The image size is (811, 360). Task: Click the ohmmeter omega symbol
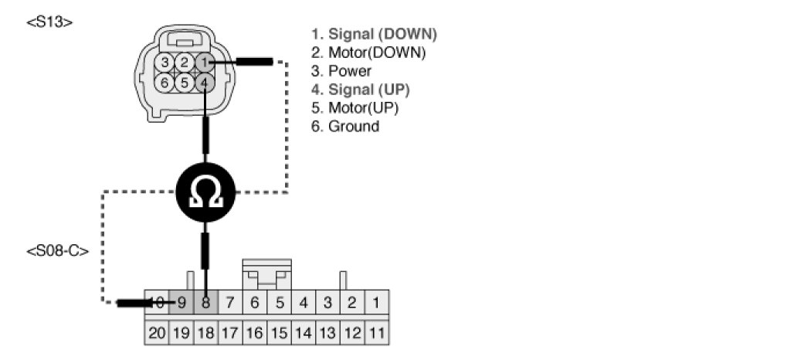(205, 188)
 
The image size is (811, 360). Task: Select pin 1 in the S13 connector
(203, 62)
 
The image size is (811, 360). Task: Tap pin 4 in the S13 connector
(203, 81)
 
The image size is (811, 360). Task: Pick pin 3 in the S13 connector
(165, 62)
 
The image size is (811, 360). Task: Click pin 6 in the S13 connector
(165, 81)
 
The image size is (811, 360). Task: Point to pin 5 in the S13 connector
(184, 81)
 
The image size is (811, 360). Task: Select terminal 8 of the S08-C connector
(205, 303)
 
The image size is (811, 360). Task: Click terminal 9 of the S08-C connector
(182, 303)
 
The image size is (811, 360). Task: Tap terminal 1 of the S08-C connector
(376, 303)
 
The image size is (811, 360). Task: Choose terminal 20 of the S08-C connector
(157, 333)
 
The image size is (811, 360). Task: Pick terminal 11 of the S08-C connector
(376, 333)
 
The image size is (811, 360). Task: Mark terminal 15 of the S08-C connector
(279, 333)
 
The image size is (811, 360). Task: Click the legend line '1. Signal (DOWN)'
(374, 34)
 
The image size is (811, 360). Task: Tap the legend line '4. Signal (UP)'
(360, 90)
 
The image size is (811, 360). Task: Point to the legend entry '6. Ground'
(345, 126)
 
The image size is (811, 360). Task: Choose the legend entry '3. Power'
(341, 71)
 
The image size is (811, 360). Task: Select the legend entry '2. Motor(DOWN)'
(368, 53)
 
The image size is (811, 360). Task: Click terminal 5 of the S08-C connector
(279, 303)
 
